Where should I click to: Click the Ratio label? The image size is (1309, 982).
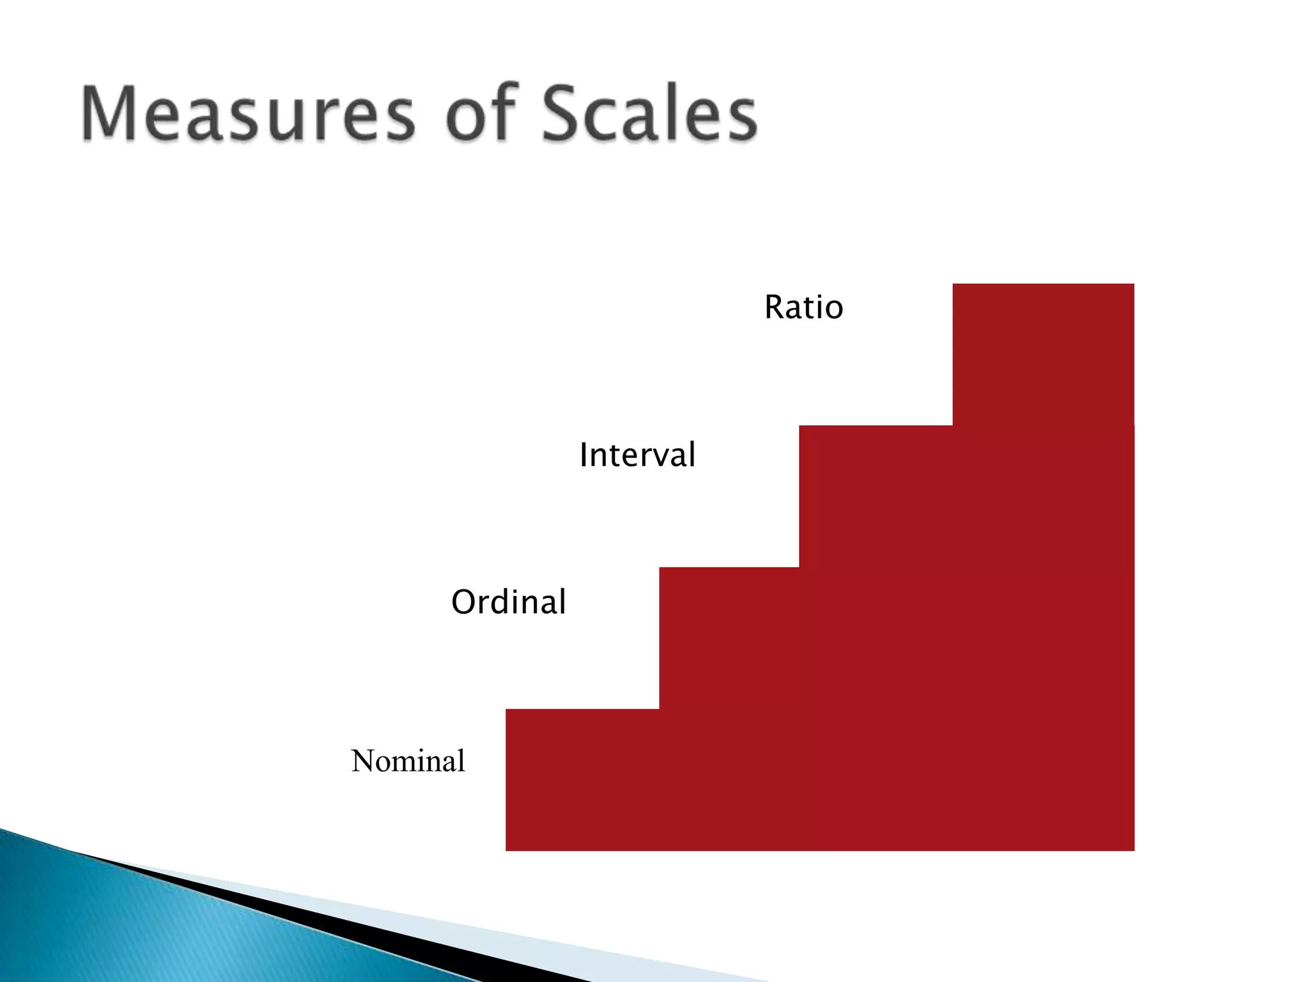[803, 308]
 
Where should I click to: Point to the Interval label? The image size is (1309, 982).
[637, 455]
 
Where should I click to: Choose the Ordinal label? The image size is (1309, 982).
[509, 602]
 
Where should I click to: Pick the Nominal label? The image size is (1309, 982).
[408, 761]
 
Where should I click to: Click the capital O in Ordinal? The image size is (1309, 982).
[464, 602]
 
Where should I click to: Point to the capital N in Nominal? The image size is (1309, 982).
[366, 761]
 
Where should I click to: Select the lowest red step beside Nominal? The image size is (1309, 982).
[582, 780]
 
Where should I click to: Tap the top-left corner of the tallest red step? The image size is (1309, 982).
[954, 284]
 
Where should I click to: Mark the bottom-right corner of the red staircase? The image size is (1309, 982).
[1133, 850]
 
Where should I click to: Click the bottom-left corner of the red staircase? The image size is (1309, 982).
[507, 850]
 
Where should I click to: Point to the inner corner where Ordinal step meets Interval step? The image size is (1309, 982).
[799, 567]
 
